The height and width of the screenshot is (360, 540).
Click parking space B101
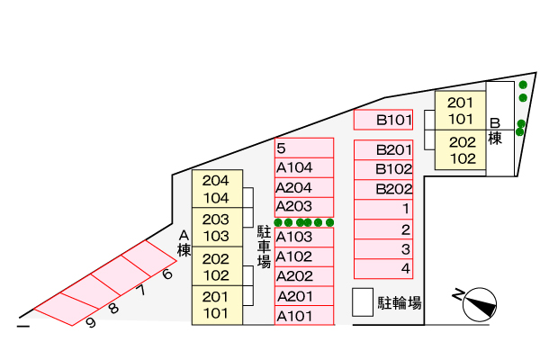click(383, 120)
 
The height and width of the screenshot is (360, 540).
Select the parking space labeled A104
click(304, 167)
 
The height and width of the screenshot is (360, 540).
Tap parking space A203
click(304, 207)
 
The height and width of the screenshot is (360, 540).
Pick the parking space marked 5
click(304, 148)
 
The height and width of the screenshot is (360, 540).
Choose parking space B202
click(383, 189)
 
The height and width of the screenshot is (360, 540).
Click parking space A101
click(304, 315)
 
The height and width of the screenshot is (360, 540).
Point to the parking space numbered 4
click(383, 269)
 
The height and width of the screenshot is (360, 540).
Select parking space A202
click(304, 276)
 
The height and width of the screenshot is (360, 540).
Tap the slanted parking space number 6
click(167, 274)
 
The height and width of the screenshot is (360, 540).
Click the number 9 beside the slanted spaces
click(91, 323)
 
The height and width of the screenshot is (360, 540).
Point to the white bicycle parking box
click(363, 302)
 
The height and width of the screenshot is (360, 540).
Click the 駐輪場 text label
click(400, 303)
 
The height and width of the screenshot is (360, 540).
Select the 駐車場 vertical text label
click(264, 247)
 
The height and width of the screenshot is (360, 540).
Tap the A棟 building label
click(184, 243)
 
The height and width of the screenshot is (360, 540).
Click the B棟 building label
click(495, 131)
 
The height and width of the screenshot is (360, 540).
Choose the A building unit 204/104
click(217, 189)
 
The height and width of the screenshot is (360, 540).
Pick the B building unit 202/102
click(461, 150)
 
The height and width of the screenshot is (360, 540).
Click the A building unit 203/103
click(217, 227)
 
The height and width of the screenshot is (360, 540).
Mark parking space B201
click(383, 150)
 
